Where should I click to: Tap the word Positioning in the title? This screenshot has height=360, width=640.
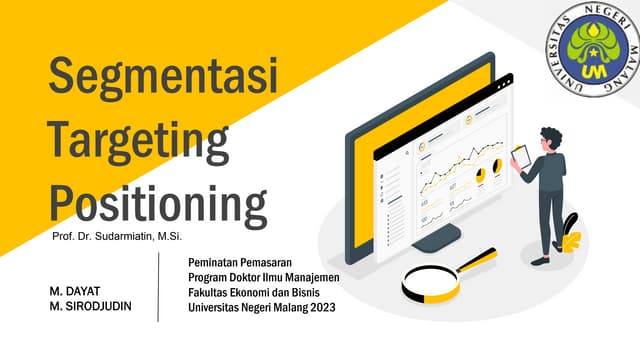click(158, 200)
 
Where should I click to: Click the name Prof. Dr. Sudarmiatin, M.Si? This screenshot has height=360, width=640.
click(110, 237)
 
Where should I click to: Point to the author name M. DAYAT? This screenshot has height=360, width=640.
click(75, 290)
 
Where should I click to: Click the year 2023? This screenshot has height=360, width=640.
click(323, 307)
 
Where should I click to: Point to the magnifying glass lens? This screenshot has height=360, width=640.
click(430, 281)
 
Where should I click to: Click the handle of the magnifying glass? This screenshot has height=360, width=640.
click(477, 259)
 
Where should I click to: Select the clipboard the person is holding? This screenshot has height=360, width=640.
click(521, 156)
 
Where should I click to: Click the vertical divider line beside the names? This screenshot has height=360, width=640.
click(159, 286)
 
